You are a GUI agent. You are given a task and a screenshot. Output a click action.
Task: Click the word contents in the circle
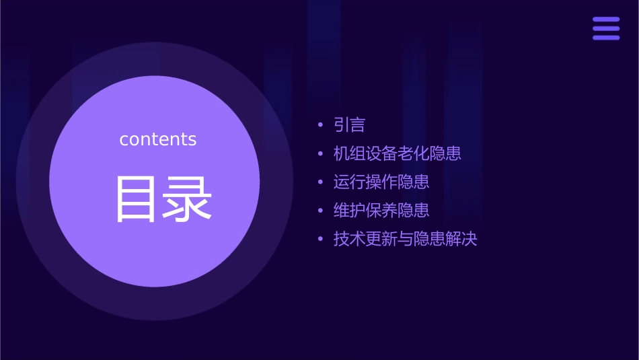pyautogui.click(x=158, y=139)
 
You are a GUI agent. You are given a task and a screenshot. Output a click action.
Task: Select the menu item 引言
pyautogui.click(x=349, y=125)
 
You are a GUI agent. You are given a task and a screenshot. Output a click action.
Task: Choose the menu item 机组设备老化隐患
pyautogui.click(x=397, y=153)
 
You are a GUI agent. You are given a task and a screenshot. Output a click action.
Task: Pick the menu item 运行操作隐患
pyautogui.click(x=381, y=182)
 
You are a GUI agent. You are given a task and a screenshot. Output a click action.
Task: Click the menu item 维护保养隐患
pyautogui.click(x=381, y=210)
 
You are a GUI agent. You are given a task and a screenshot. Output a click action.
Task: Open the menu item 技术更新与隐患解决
pyautogui.click(x=405, y=238)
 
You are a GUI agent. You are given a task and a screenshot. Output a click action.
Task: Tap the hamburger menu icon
pyautogui.click(x=606, y=28)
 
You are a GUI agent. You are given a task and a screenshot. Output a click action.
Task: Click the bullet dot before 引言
pyautogui.click(x=320, y=125)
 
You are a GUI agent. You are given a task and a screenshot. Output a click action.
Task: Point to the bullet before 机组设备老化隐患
pyautogui.click(x=320, y=153)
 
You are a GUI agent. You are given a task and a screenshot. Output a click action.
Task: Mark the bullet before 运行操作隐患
pyautogui.click(x=320, y=182)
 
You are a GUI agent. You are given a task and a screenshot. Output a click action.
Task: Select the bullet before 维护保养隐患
pyautogui.click(x=320, y=210)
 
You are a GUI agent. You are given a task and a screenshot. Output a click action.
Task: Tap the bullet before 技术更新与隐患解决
pyautogui.click(x=320, y=238)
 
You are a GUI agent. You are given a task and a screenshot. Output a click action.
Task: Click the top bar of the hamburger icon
pyautogui.click(x=606, y=20)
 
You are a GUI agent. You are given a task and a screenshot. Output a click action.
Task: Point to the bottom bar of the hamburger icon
pyautogui.click(x=606, y=37)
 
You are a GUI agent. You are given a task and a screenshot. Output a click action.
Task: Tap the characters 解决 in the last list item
pyautogui.click(x=461, y=238)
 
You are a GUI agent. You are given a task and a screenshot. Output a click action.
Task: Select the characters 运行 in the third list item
pyautogui.click(x=349, y=182)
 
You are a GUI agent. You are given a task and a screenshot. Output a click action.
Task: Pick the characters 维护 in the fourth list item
pyautogui.click(x=349, y=210)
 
